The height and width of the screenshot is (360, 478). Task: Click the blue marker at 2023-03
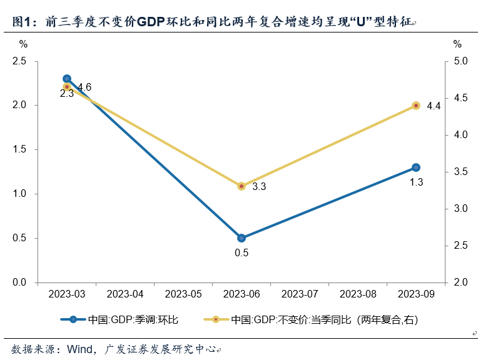[x=67, y=79]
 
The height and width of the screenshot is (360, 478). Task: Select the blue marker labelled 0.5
[x=242, y=238]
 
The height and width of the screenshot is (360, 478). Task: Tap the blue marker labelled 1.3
[x=416, y=167]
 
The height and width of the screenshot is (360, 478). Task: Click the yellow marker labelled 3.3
[x=242, y=186]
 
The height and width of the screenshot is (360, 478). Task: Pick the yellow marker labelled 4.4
[x=416, y=106]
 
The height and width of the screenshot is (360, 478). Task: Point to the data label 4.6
[x=84, y=87]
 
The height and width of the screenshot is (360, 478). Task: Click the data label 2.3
[x=67, y=94]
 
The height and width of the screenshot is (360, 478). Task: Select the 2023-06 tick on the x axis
[x=242, y=293]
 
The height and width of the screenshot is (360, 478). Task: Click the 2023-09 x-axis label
[x=416, y=293]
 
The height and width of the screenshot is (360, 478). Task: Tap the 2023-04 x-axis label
[x=125, y=293]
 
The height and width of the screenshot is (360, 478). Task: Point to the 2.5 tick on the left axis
[x=19, y=61]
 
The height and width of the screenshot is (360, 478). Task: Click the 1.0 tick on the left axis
[x=19, y=194]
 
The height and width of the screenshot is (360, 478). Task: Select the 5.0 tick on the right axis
[x=460, y=61]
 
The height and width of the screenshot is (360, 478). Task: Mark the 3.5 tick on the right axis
[x=460, y=172]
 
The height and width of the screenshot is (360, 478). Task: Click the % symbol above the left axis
[x=23, y=44]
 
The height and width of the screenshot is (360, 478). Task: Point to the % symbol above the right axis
[x=457, y=44]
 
